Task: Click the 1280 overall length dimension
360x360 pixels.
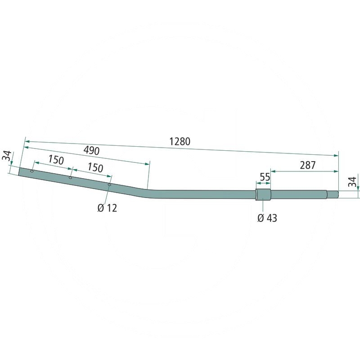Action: [180, 141]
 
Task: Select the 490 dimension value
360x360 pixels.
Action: [91, 151]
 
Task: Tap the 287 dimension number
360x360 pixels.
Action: [308, 165]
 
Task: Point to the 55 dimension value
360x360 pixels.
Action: [265, 177]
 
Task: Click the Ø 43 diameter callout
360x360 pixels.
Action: [267, 218]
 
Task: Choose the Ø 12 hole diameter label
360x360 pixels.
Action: [107, 208]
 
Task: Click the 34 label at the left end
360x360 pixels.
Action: [7, 155]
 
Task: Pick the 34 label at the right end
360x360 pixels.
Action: [352, 182]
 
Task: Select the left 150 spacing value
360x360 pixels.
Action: [56, 160]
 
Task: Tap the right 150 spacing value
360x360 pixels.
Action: [95, 168]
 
